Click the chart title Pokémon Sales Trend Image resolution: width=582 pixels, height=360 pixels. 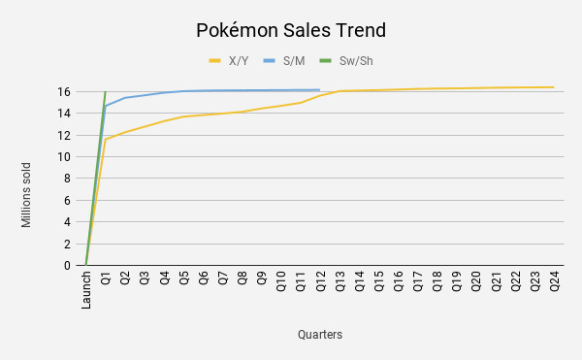(291, 30)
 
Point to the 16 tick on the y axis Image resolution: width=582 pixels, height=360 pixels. (64, 92)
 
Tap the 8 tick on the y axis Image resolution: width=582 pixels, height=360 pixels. (67, 179)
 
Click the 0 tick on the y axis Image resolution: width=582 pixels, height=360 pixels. (67, 265)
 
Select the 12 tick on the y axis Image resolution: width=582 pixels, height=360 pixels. (64, 136)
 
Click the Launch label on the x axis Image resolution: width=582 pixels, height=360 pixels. (86, 290)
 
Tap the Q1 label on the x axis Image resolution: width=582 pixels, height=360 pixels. (106, 280)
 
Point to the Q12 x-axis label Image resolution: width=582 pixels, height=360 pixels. (320, 282)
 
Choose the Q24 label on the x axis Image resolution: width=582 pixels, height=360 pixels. (555, 282)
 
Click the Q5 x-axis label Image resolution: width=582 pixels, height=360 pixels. (183, 280)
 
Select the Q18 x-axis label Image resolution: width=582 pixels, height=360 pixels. (437, 282)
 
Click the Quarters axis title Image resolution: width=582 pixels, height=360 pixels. (320, 335)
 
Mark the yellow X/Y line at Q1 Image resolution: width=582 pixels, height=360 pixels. (106, 140)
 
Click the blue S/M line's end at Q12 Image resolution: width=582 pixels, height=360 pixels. (320, 90)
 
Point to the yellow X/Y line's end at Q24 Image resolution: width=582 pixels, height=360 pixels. (554, 87)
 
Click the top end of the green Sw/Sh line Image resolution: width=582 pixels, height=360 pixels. (105, 92)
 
